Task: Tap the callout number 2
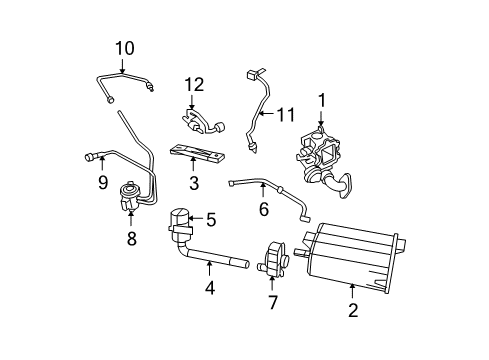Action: [353, 311]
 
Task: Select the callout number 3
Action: [194, 183]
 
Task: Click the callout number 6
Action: [264, 210]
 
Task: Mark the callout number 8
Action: [131, 238]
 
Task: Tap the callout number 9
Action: [102, 182]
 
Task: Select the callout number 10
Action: [124, 47]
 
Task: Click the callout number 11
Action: [285, 117]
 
